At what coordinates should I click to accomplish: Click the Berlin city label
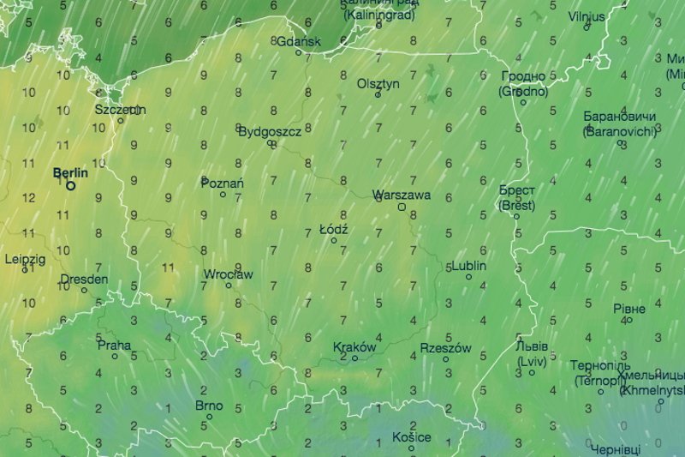click(x=70, y=173)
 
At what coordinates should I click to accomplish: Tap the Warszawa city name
click(x=402, y=195)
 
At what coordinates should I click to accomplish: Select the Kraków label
click(x=354, y=347)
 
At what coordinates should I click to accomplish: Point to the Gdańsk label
click(x=299, y=41)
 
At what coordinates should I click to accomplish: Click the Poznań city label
click(x=223, y=183)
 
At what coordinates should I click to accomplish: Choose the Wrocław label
click(x=228, y=274)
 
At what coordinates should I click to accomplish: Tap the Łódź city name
click(x=332, y=230)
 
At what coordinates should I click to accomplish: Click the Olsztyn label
click(x=378, y=84)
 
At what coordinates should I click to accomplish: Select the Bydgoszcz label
click(x=270, y=131)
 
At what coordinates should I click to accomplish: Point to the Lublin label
click(x=468, y=266)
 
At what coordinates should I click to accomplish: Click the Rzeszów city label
click(x=445, y=348)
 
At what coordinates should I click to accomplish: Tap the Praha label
click(x=115, y=346)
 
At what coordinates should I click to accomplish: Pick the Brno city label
click(x=209, y=406)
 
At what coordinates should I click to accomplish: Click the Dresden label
click(x=84, y=280)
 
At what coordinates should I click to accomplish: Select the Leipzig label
click(x=25, y=258)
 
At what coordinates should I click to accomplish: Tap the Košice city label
click(x=411, y=437)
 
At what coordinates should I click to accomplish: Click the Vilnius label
click(x=587, y=16)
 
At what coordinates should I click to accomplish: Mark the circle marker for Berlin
click(x=71, y=185)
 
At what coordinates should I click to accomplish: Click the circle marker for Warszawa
click(x=401, y=207)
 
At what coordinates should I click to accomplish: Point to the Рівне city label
click(x=628, y=308)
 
